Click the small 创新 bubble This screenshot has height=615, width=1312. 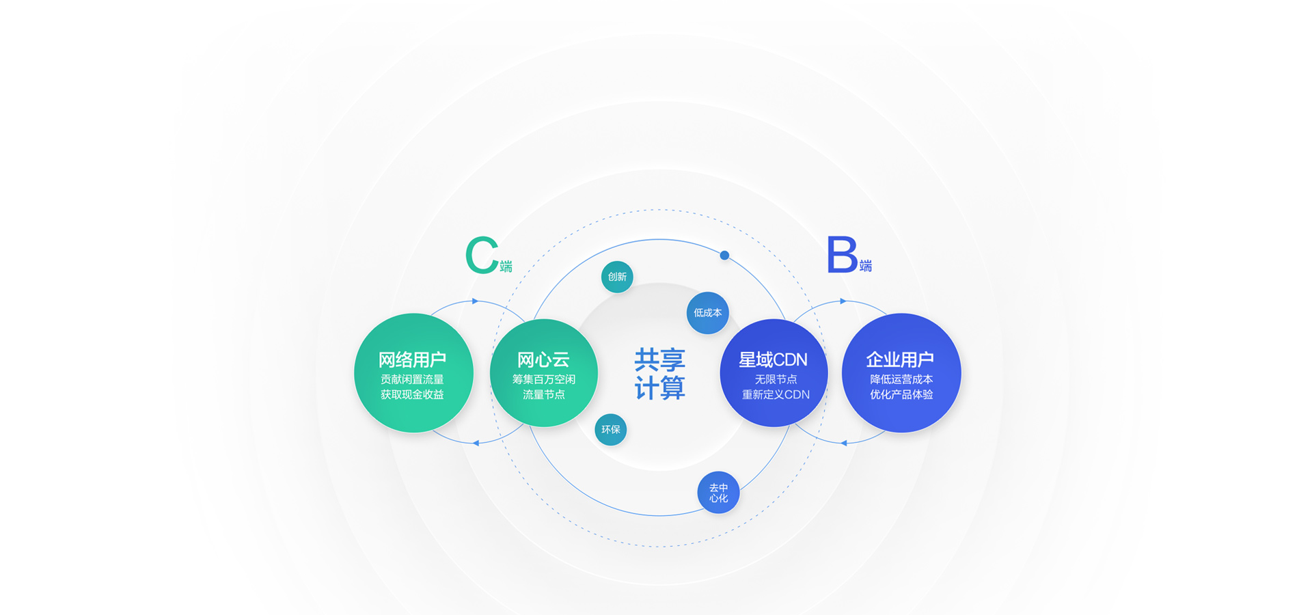click(617, 277)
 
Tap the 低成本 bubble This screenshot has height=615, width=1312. click(707, 313)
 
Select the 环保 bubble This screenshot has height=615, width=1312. click(610, 430)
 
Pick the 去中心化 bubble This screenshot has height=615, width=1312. click(718, 493)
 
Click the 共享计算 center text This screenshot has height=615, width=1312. click(659, 374)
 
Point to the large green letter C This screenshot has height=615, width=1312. click(482, 256)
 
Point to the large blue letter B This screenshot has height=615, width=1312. click(842, 255)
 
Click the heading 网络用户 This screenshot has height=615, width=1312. click(412, 359)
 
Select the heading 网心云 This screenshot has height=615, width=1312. click(543, 359)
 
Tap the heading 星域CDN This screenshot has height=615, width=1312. click(773, 359)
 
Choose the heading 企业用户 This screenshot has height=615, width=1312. click(900, 359)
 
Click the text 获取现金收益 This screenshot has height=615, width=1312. click(412, 394)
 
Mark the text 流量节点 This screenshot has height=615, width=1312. click(543, 394)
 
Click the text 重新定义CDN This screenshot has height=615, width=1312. click(776, 394)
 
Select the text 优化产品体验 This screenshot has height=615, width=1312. click(901, 394)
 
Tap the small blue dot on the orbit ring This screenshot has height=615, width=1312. click(724, 256)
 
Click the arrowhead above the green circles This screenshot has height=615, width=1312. click(476, 301)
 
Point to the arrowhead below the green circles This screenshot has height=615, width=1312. click(476, 443)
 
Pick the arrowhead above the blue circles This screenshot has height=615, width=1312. click(843, 301)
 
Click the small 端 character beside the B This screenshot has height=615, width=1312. click(866, 266)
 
